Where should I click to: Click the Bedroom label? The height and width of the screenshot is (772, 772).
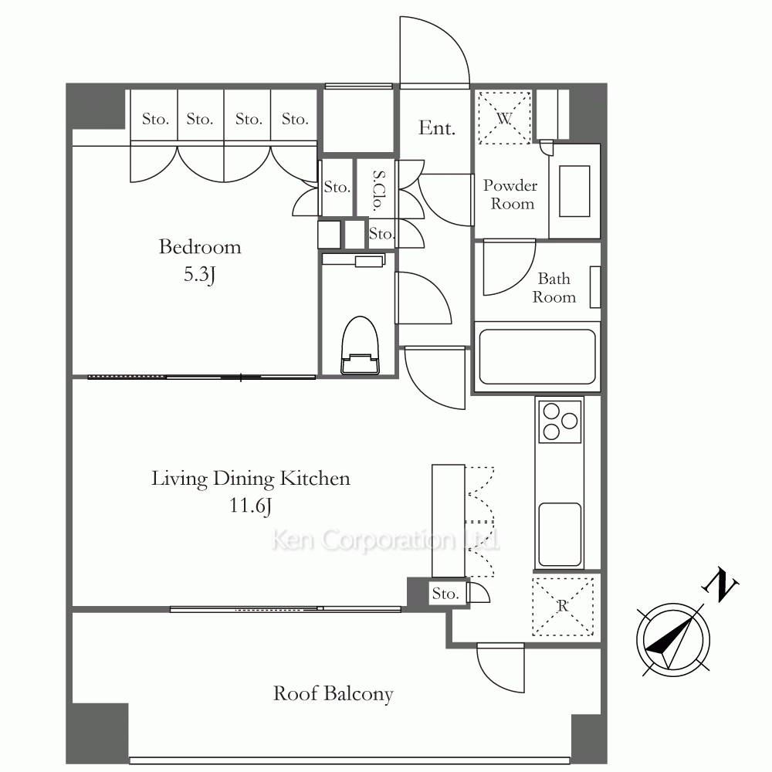[x=200, y=247]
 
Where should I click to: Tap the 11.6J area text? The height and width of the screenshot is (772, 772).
[x=250, y=506]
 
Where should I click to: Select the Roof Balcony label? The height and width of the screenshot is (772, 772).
[x=334, y=694]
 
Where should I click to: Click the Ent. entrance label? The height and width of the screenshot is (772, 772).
[x=437, y=128]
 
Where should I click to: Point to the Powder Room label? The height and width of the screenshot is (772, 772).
[x=510, y=195]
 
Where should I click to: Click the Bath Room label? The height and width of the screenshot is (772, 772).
[x=554, y=287]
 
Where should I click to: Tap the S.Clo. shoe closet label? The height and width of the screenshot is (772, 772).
[x=378, y=190]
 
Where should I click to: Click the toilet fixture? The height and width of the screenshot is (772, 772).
[x=360, y=345]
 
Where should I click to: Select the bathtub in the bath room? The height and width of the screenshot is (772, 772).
[x=537, y=357]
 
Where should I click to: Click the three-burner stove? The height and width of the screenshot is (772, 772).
[x=560, y=422]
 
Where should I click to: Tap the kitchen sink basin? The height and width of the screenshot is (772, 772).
[x=560, y=534]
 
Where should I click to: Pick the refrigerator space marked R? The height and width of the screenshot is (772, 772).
[x=563, y=606]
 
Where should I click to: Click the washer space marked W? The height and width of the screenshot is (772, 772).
[x=505, y=118]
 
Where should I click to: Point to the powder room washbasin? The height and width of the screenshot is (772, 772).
[x=574, y=191]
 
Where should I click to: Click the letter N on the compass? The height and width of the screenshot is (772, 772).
[x=720, y=584]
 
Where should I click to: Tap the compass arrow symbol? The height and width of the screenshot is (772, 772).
[x=673, y=640]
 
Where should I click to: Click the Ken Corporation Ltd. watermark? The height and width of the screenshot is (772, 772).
[x=385, y=540]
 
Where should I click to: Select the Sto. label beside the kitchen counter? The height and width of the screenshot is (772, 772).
[x=445, y=594]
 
